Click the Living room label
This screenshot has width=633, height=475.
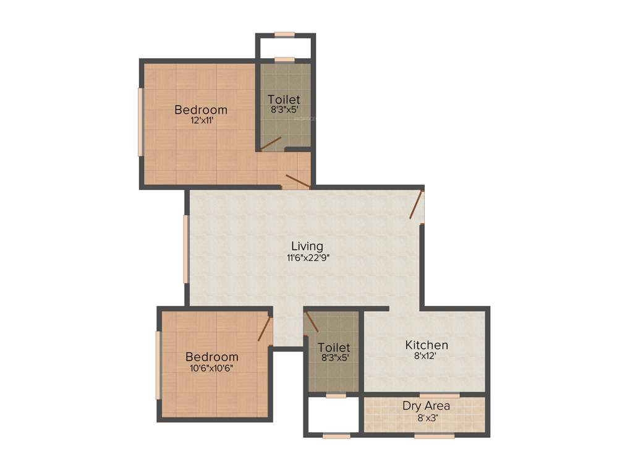[x=307, y=247]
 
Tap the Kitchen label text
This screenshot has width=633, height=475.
[x=427, y=345]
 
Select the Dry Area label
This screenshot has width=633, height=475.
[x=426, y=406]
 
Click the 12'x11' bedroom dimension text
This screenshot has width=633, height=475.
[x=201, y=121]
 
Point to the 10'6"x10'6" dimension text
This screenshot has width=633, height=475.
[x=212, y=368]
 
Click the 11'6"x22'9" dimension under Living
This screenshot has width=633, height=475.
[x=307, y=258]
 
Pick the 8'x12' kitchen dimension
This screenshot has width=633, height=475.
[x=427, y=356]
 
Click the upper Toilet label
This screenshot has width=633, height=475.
[x=284, y=99]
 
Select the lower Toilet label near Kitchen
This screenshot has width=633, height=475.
[x=334, y=348]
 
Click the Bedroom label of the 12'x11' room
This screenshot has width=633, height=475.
[x=201, y=110]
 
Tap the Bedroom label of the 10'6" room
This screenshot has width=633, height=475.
[x=212, y=357]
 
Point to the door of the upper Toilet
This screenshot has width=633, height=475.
[x=271, y=143]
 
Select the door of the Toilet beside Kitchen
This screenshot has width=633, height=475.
[x=312, y=322]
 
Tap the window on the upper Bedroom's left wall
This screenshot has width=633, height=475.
[x=141, y=121]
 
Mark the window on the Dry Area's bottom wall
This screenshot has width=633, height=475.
[x=434, y=435]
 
